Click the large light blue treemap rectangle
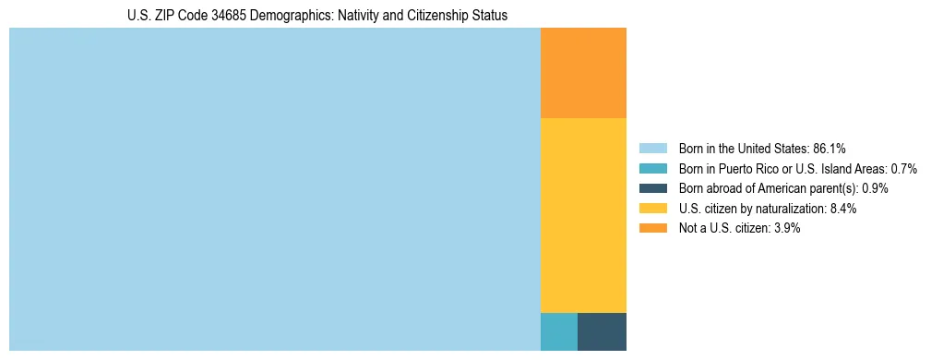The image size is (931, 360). [274, 189]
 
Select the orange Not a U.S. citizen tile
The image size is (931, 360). [583, 73]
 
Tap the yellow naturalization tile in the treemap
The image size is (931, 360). [583, 215]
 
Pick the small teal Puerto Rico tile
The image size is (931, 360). [558, 331]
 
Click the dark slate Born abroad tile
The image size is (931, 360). [602, 331]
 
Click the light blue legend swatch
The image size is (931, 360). [652, 148]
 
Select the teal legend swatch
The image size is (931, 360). [652, 168]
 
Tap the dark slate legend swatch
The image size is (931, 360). [652, 188]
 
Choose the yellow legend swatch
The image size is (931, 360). [652, 209]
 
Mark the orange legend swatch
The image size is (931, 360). [652, 229]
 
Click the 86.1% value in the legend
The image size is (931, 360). [829, 148]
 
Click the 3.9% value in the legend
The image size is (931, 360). [786, 229]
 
